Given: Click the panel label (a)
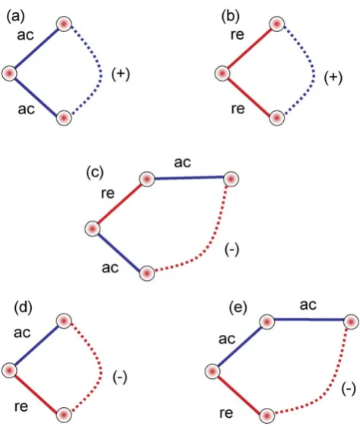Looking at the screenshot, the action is (16, 17).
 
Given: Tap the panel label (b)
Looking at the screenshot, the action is (231, 17).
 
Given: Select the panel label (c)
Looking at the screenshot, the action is (95, 173).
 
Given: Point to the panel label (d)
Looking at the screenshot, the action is (23, 307).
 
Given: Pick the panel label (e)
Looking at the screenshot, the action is (238, 307).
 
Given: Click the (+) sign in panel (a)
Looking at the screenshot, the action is (121, 75).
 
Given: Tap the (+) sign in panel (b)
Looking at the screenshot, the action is (333, 78).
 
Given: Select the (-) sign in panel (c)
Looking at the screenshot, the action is (232, 250).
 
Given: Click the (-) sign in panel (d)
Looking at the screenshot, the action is (119, 378).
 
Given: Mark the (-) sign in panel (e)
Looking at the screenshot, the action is (349, 389).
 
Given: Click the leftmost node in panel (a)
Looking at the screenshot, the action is (9, 74).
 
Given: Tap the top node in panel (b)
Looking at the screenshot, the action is (277, 24).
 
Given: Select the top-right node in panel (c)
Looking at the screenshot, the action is (231, 179).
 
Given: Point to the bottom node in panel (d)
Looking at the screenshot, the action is (64, 415).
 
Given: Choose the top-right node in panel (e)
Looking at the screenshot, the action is (351, 321).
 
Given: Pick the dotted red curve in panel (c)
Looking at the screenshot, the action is (213, 238).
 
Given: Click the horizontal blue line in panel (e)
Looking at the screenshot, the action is (309, 320).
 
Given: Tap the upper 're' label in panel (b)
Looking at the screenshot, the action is (237, 35).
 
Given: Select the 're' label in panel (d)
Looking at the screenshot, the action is (21, 406).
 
